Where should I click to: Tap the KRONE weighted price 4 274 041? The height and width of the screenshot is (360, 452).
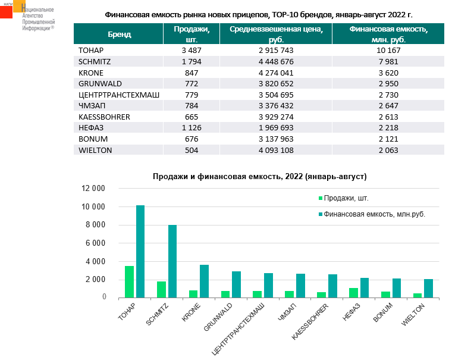coord(272,72)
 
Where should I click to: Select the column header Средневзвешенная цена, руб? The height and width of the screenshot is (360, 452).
coord(272,34)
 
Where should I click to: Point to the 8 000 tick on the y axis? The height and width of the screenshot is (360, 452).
coord(95,225)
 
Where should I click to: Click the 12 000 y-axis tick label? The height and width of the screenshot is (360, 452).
coord(93,189)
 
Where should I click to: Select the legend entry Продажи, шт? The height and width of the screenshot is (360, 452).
coord(350,198)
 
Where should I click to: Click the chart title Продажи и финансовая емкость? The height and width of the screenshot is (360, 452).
coord(259,177)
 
